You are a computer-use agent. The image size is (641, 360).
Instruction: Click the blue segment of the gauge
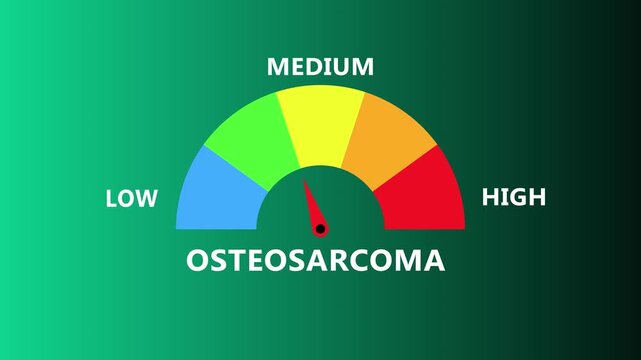coord(215,190)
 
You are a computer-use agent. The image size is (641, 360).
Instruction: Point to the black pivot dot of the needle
coord(320,229)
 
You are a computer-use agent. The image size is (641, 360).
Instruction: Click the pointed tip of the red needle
coord(305,181)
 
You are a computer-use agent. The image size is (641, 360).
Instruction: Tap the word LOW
coord(132,199)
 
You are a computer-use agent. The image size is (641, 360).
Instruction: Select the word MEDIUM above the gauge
coord(320,67)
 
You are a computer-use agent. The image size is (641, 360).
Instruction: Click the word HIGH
coord(514,197)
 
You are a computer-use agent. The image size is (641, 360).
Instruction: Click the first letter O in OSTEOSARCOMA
coord(198,261)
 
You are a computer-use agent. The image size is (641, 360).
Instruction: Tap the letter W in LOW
coord(147,199)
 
